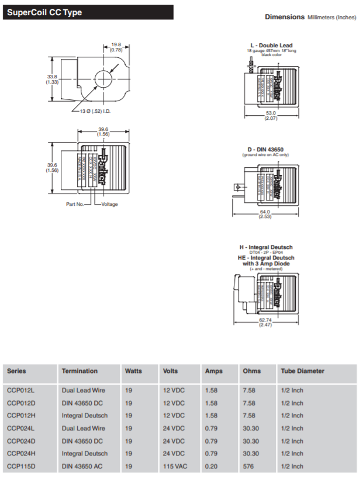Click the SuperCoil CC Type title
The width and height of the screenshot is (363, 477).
44,12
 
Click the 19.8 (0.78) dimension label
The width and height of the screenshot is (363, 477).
116,47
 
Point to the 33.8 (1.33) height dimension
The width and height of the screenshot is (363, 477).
52,79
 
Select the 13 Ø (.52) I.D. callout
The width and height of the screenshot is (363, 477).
95,110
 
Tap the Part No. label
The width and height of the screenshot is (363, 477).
75,204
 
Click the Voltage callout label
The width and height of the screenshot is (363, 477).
110,204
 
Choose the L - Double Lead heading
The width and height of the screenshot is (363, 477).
271,45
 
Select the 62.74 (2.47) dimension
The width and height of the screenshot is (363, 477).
266,322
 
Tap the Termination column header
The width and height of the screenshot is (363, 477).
79,371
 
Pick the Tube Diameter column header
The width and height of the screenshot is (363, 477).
302,371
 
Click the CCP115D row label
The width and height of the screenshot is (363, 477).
21,466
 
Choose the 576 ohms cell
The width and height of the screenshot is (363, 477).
248,466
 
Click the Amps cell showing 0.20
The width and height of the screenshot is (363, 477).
211,466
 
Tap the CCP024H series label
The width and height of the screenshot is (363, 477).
21,453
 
